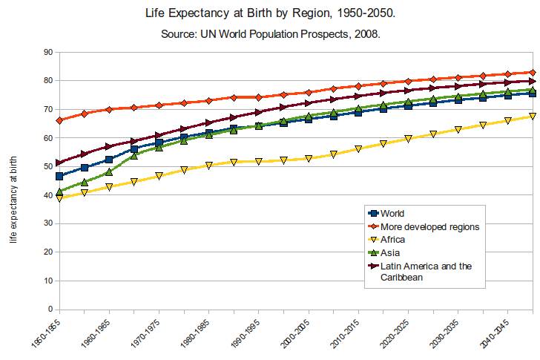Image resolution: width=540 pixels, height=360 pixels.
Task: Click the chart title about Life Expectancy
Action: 270,14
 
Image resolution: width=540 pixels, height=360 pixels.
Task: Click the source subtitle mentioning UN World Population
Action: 270,35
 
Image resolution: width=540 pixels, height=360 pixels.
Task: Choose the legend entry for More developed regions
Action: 429,226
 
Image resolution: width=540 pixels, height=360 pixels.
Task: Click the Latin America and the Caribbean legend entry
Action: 426,272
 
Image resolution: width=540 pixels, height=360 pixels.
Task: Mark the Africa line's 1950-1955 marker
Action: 59,198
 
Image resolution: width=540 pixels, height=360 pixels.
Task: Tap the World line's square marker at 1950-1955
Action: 59,176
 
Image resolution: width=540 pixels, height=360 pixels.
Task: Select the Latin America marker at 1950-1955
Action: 59,163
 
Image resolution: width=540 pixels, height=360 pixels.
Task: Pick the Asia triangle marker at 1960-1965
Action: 109,172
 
